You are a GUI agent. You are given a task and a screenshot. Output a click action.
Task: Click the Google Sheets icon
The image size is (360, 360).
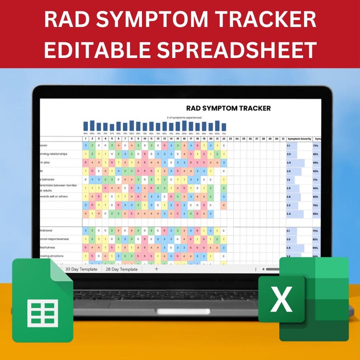click(43, 299)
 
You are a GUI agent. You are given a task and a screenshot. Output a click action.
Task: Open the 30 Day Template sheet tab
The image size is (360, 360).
click(81, 269)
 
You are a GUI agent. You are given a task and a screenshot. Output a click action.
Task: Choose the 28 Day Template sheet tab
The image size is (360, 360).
click(121, 269)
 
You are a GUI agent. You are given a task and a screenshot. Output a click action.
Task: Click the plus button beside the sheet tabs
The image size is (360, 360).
click(156, 269)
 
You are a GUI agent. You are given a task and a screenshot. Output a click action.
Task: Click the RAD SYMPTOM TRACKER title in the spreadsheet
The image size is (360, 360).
click(228, 108)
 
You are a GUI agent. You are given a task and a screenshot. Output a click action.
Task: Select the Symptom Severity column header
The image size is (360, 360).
click(299, 139)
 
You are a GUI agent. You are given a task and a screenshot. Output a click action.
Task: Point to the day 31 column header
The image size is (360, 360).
click(283, 139)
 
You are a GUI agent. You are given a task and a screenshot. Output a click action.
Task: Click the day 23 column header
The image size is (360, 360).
click(230, 139)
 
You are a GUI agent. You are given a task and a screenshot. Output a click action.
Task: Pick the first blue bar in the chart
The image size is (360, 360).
click(86, 126)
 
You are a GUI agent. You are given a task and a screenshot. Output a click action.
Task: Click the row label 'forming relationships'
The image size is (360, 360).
click(53, 154)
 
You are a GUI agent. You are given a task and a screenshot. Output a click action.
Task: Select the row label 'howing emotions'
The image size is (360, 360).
click(53, 256)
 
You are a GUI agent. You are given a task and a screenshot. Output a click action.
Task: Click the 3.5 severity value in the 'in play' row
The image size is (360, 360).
click(289, 162)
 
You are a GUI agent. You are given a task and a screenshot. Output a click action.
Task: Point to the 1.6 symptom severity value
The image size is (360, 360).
click(288, 180)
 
